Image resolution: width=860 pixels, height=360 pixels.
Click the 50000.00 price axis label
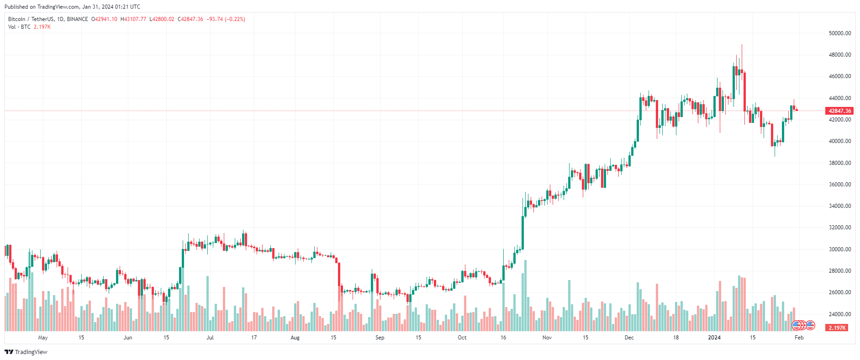(x=839, y=33)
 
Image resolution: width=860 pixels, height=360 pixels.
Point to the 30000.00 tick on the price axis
(x=839, y=249)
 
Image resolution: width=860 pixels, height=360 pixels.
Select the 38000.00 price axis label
(x=839, y=163)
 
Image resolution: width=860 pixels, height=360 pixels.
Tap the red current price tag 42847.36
(x=839, y=111)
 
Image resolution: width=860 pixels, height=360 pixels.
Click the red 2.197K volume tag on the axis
(x=837, y=328)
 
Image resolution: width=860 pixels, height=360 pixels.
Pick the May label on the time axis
(x=43, y=338)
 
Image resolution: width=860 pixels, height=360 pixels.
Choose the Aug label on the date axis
(x=295, y=338)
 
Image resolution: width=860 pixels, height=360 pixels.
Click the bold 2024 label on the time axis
(x=714, y=338)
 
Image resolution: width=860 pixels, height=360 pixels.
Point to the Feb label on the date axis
(x=799, y=338)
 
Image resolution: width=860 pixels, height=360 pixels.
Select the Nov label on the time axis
(x=547, y=338)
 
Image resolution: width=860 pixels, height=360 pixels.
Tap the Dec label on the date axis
(x=629, y=338)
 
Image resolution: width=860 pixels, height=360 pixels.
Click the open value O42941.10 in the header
(x=104, y=19)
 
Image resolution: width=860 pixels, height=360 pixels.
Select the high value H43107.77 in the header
(x=133, y=19)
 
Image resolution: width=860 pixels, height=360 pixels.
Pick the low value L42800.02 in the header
(x=162, y=19)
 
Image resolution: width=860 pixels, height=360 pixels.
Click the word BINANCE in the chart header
(x=77, y=19)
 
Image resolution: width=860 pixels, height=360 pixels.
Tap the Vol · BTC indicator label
(x=19, y=27)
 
